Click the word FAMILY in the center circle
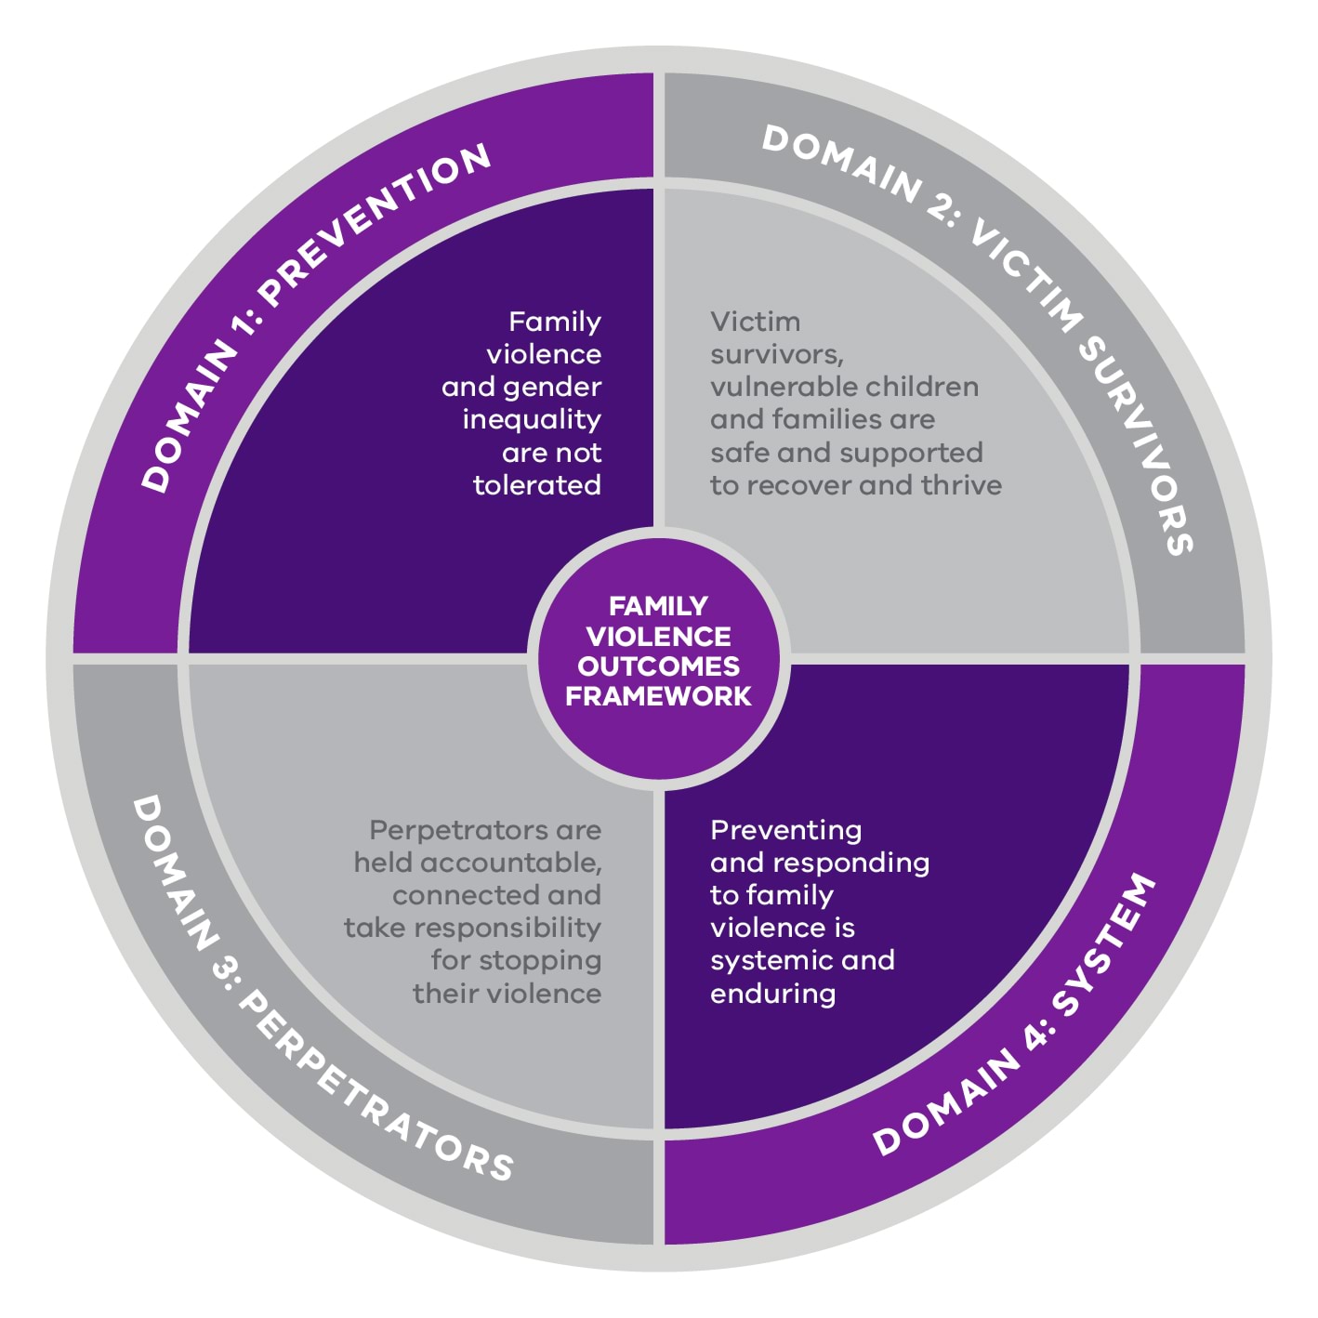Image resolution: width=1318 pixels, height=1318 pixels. pyautogui.click(x=658, y=606)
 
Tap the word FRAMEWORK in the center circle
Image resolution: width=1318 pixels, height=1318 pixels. pyautogui.click(x=658, y=696)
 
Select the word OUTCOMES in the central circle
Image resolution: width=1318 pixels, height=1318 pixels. pyautogui.click(x=658, y=666)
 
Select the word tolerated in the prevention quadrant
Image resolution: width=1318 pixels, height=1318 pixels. pyautogui.click(x=536, y=485)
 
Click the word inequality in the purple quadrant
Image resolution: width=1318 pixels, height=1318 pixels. pyautogui.click(x=532, y=420)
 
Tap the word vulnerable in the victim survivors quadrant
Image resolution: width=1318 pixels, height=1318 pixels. pyautogui.click(x=768, y=387)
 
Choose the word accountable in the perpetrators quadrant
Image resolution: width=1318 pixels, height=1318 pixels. pyautogui.click(x=509, y=863)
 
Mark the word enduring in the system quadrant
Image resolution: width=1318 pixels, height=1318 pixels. pyautogui.click(x=772, y=994)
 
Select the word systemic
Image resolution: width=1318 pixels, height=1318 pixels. pyautogui.click(x=770, y=960)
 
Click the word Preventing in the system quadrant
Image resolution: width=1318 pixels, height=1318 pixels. pyautogui.click(x=785, y=830)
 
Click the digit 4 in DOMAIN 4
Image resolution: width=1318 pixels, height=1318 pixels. pyautogui.click(x=1037, y=1039)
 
